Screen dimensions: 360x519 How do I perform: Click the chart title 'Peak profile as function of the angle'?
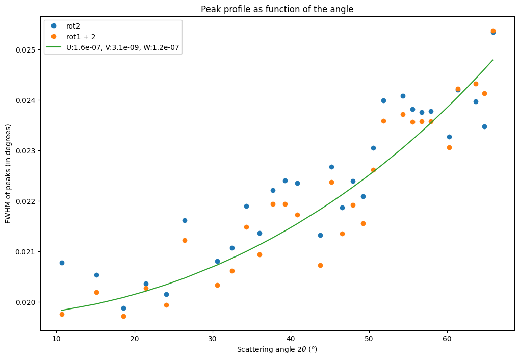click(x=277, y=9)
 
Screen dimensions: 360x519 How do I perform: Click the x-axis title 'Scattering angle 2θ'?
click(x=277, y=350)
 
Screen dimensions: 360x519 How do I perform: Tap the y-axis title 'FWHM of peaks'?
click(x=8, y=181)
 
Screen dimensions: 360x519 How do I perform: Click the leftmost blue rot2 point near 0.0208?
click(x=62, y=263)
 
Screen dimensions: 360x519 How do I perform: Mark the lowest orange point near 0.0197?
click(x=123, y=316)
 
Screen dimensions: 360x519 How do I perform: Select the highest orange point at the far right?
click(x=493, y=31)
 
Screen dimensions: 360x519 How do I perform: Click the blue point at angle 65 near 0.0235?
click(x=484, y=126)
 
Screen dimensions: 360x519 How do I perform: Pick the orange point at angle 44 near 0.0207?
click(x=320, y=265)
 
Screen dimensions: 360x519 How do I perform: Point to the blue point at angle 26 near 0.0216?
click(x=185, y=220)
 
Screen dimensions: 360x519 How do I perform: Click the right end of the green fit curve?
click(x=493, y=60)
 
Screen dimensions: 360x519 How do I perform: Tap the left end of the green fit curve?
click(x=62, y=310)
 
